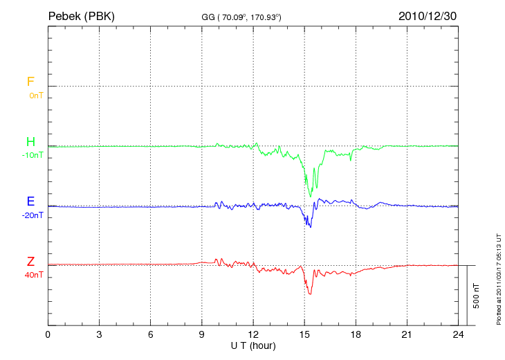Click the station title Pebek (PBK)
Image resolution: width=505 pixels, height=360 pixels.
pos(81,16)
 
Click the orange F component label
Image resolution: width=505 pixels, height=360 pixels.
pos(30,82)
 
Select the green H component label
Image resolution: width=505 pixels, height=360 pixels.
pos(30,142)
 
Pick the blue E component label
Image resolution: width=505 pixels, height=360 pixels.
pos(30,201)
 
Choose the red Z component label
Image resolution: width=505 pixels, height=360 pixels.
pos(30,261)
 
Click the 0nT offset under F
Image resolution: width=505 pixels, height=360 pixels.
pos(35,95)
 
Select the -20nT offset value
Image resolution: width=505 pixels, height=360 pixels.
pos(33,215)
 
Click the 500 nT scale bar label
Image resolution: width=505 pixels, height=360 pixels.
pos(477,296)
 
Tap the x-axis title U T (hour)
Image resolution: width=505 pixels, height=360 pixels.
pos(253,345)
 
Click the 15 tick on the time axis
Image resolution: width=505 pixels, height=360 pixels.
pos(304,335)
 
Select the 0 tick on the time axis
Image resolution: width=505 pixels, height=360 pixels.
pos(48,335)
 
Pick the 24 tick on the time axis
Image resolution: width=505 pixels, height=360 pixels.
pos(458,335)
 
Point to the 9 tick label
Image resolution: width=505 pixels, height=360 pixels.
pos(202,335)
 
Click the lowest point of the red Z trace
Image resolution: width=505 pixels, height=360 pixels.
pos(310,294)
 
